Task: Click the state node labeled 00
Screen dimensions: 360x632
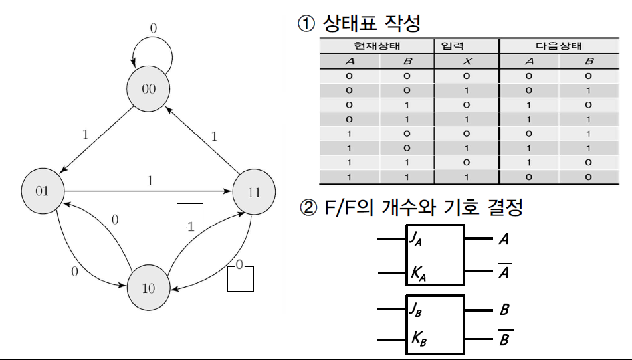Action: point(149,88)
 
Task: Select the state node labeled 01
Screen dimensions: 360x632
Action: point(43,191)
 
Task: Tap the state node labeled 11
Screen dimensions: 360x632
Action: point(254,192)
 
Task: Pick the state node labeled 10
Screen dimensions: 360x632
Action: point(149,288)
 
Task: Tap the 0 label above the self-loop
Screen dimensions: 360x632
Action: point(153,29)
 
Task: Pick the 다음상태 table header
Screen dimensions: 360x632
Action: point(558,46)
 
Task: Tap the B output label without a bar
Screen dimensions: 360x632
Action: point(504,310)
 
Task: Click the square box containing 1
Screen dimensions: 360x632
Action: point(189,217)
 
